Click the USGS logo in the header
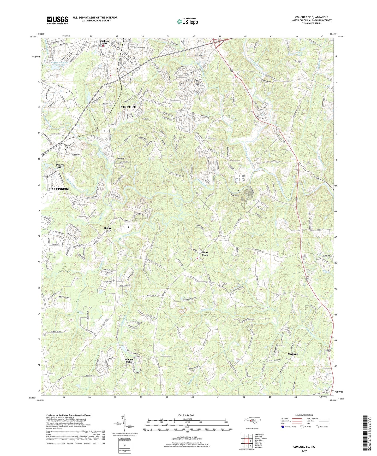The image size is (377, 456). (x=57, y=20)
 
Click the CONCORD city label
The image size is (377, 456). (x=128, y=107)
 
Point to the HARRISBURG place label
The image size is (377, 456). (x=59, y=189)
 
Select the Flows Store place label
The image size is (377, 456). (x=205, y=254)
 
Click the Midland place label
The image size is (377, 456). (x=293, y=354)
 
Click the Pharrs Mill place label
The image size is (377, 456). (x=62, y=166)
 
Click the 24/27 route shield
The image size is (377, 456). (x=327, y=391)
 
